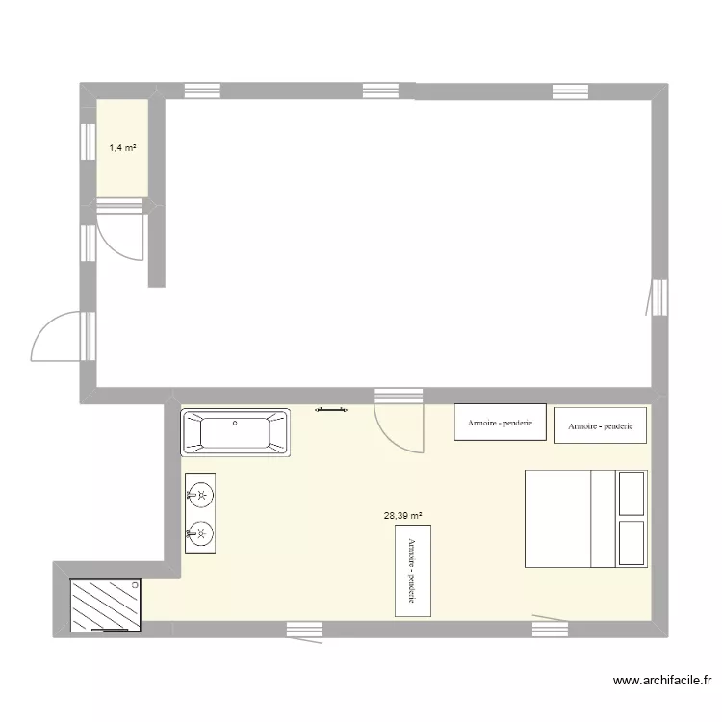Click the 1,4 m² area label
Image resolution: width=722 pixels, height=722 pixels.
(122, 148)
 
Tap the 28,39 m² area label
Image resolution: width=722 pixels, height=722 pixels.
(403, 515)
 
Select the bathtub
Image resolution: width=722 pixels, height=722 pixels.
(236, 431)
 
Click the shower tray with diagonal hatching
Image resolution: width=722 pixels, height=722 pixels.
(106, 605)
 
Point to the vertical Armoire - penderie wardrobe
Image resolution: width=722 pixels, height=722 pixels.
(413, 570)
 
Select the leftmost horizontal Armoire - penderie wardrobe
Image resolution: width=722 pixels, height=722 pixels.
(500, 423)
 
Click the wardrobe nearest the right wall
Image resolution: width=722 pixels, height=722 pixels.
(600, 425)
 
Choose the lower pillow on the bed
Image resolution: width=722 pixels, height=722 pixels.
(632, 543)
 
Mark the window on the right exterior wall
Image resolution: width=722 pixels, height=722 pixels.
(659, 297)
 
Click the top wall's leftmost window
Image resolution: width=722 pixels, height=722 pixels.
(202, 90)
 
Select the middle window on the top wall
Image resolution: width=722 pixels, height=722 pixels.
(388, 90)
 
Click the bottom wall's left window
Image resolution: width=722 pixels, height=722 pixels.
(304, 629)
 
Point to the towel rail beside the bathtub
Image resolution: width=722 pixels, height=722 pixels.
(333, 410)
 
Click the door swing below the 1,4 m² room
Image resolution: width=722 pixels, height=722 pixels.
(119, 232)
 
